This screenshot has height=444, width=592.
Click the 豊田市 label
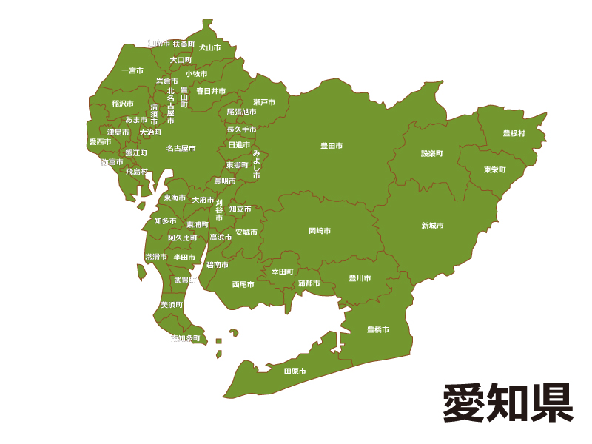tap(331, 146)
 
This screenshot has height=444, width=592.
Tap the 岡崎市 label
tap(320, 231)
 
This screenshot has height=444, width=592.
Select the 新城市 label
tap(432, 226)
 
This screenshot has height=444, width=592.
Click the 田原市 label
tap(295, 371)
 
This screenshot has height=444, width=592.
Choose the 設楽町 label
tap(431, 154)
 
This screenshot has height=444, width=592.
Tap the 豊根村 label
tap(514, 133)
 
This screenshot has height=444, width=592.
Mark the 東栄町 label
tap(495, 169)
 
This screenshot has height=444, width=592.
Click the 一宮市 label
tap(132, 71)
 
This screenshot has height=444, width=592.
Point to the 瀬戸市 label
tap(264, 102)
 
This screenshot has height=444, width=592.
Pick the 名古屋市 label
tap(181, 148)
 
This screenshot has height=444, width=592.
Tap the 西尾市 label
tap(243, 284)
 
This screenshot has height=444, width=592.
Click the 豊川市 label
tap(360, 279)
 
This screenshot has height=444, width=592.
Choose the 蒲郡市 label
tap(309, 283)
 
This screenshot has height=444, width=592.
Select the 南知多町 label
tap(185, 338)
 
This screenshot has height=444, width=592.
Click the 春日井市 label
tap(210, 91)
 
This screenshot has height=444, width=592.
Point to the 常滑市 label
tap(156, 257)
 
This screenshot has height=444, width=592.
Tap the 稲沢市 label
tap(123, 104)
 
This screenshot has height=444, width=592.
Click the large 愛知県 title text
tap(508, 403)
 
